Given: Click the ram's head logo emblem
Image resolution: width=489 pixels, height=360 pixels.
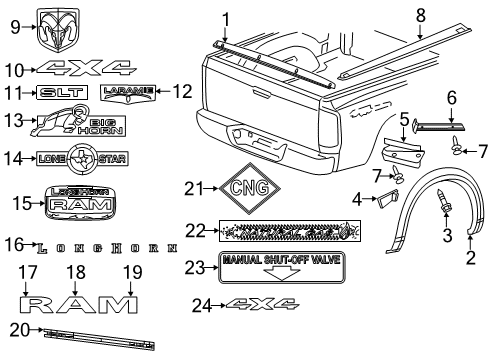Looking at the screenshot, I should [57, 29].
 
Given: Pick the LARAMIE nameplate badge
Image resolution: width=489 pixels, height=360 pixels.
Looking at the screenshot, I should [129, 93].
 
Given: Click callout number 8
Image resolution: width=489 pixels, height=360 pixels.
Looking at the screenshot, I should [420, 14].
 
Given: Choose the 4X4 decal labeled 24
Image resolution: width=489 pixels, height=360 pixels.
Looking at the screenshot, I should [261, 304].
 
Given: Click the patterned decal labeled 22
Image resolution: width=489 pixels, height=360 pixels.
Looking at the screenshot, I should [288, 231].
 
